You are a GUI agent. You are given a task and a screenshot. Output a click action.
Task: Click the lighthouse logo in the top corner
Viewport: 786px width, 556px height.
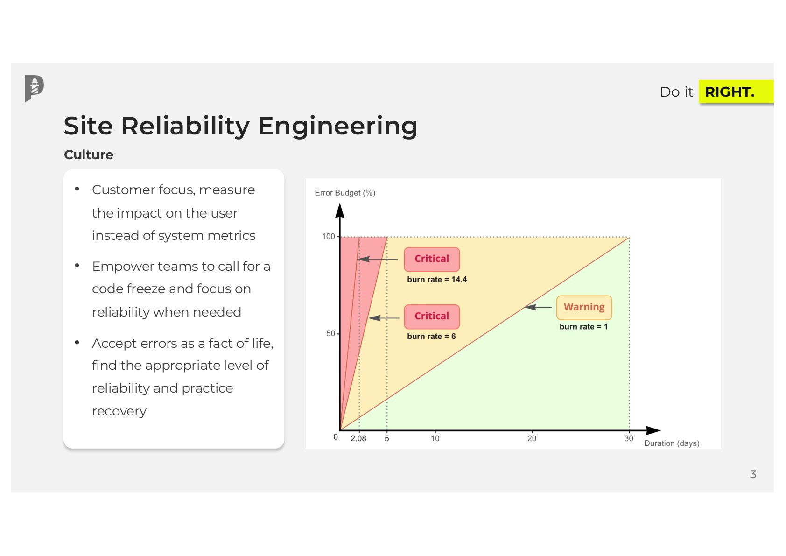pos(34,88)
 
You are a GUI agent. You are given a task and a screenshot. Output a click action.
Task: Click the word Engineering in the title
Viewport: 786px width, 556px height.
pos(337,126)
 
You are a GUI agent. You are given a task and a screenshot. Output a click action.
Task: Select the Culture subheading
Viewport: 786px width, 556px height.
pos(89,155)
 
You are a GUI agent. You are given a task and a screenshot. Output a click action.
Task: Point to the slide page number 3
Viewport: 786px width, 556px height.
pos(752,474)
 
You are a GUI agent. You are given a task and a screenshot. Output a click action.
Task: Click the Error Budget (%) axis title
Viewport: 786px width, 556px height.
pos(345,193)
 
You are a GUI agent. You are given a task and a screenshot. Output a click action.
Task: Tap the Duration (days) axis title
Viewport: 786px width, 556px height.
pos(671,443)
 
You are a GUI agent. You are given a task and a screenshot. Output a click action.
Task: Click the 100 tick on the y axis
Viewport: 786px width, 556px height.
pos(329,236)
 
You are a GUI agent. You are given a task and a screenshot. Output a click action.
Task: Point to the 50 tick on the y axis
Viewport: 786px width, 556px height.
pos(330,333)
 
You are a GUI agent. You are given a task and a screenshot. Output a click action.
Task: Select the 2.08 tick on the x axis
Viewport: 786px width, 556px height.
pos(358,438)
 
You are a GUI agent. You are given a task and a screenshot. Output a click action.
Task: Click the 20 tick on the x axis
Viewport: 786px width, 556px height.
pos(532,438)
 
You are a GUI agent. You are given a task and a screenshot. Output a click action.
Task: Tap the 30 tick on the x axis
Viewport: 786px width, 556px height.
pos(629,438)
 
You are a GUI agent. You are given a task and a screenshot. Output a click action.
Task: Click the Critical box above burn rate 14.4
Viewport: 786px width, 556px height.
pos(432,259)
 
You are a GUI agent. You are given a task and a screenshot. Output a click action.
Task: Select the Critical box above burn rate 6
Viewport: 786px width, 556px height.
pos(432,316)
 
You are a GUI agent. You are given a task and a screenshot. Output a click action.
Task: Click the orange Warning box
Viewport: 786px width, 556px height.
pos(584,307)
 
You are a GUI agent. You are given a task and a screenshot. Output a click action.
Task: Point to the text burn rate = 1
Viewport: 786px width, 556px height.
pos(583,327)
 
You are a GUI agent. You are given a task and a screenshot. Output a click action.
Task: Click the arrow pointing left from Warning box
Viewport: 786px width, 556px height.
pos(538,307)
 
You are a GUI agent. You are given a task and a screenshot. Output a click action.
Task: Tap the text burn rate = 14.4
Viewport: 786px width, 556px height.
pos(436,279)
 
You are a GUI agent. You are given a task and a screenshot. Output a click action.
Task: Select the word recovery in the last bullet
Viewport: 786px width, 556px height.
pos(119,411)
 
